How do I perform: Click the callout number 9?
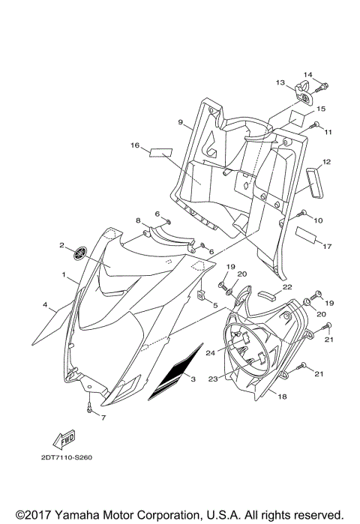181,122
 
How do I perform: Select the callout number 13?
279,82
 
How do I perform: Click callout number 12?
327,162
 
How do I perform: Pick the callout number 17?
327,246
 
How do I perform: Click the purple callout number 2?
62,245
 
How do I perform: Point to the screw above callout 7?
88,409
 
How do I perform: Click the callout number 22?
286,286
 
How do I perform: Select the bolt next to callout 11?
316,124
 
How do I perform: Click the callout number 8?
138,220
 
